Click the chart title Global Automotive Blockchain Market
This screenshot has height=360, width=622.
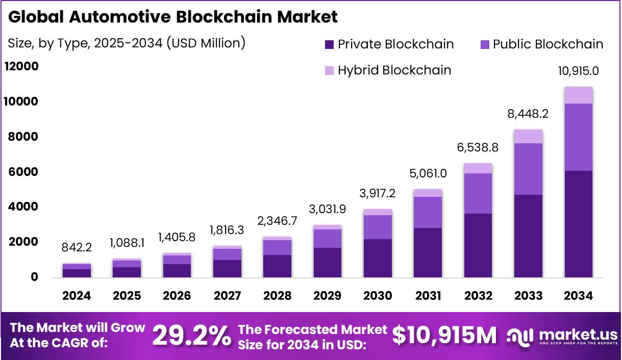click(x=172, y=17)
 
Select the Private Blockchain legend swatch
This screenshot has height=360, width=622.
click(x=330, y=45)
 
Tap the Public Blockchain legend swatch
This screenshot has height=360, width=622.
click(x=484, y=45)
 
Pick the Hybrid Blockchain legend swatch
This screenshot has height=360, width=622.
click(x=330, y=70)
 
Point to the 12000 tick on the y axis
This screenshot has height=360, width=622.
click(x=21, y=67)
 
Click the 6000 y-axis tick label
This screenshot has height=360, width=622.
click(x=23, y=172)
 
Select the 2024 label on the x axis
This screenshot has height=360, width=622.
click(x=77, y=296)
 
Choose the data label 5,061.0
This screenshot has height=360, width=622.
click(x=428, y=173)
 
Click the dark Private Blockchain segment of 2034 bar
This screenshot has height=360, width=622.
click(x=578, y=224)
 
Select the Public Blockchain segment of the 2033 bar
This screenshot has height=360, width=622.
click(x=528, y=169)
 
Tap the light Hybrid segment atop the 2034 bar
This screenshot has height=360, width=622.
click(x=578, y=95)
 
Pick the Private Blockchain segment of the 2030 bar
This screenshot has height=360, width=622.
click(x=378, y=258)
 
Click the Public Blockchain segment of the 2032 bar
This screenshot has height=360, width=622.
click(x=478, y=193)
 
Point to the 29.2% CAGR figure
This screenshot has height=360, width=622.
click(x=191, y=336)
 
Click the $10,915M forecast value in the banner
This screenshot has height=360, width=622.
click(x=444, y=336)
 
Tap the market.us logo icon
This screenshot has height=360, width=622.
click(x=520, y=336)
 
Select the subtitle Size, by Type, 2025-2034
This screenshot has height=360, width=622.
click(x=127, y=43)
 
